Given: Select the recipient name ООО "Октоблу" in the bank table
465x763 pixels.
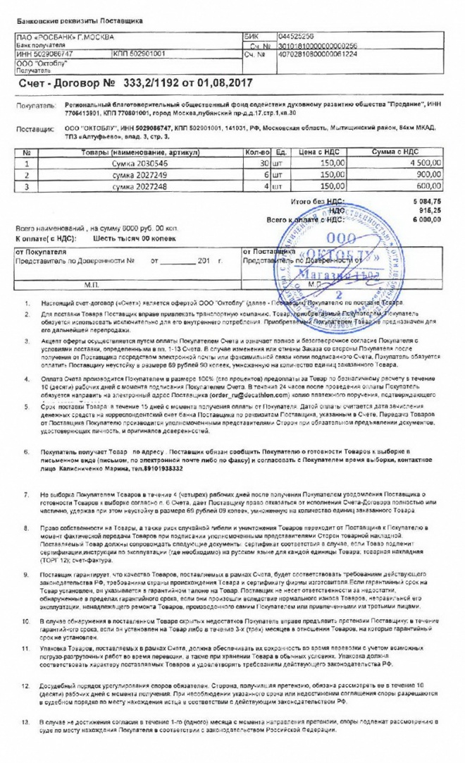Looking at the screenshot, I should (x=42, y=63).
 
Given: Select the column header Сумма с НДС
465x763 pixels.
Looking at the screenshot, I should (x=399, y=152).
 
